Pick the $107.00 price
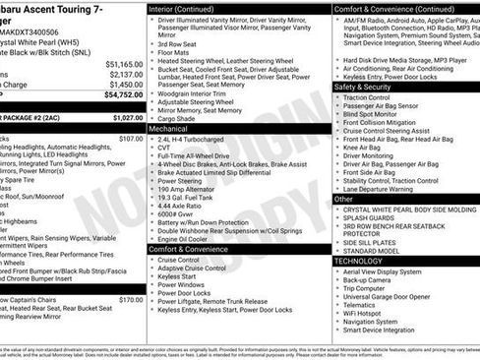coord(131,139)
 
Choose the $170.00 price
coord(131,300)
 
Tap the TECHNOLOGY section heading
coord(358,261)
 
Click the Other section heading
coord(343,199)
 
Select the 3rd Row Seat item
coord(177,44)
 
